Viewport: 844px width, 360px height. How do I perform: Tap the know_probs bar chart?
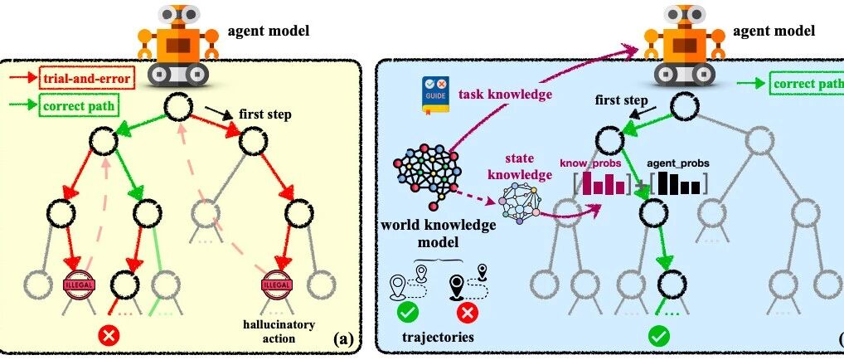coord(603,181)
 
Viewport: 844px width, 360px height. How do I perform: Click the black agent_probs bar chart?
coord(677,181)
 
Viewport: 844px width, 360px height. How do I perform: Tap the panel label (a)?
coord(342,338)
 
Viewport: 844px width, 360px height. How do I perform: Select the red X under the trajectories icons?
coord(467,314)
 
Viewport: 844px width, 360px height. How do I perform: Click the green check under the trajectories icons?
coord(408,314)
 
